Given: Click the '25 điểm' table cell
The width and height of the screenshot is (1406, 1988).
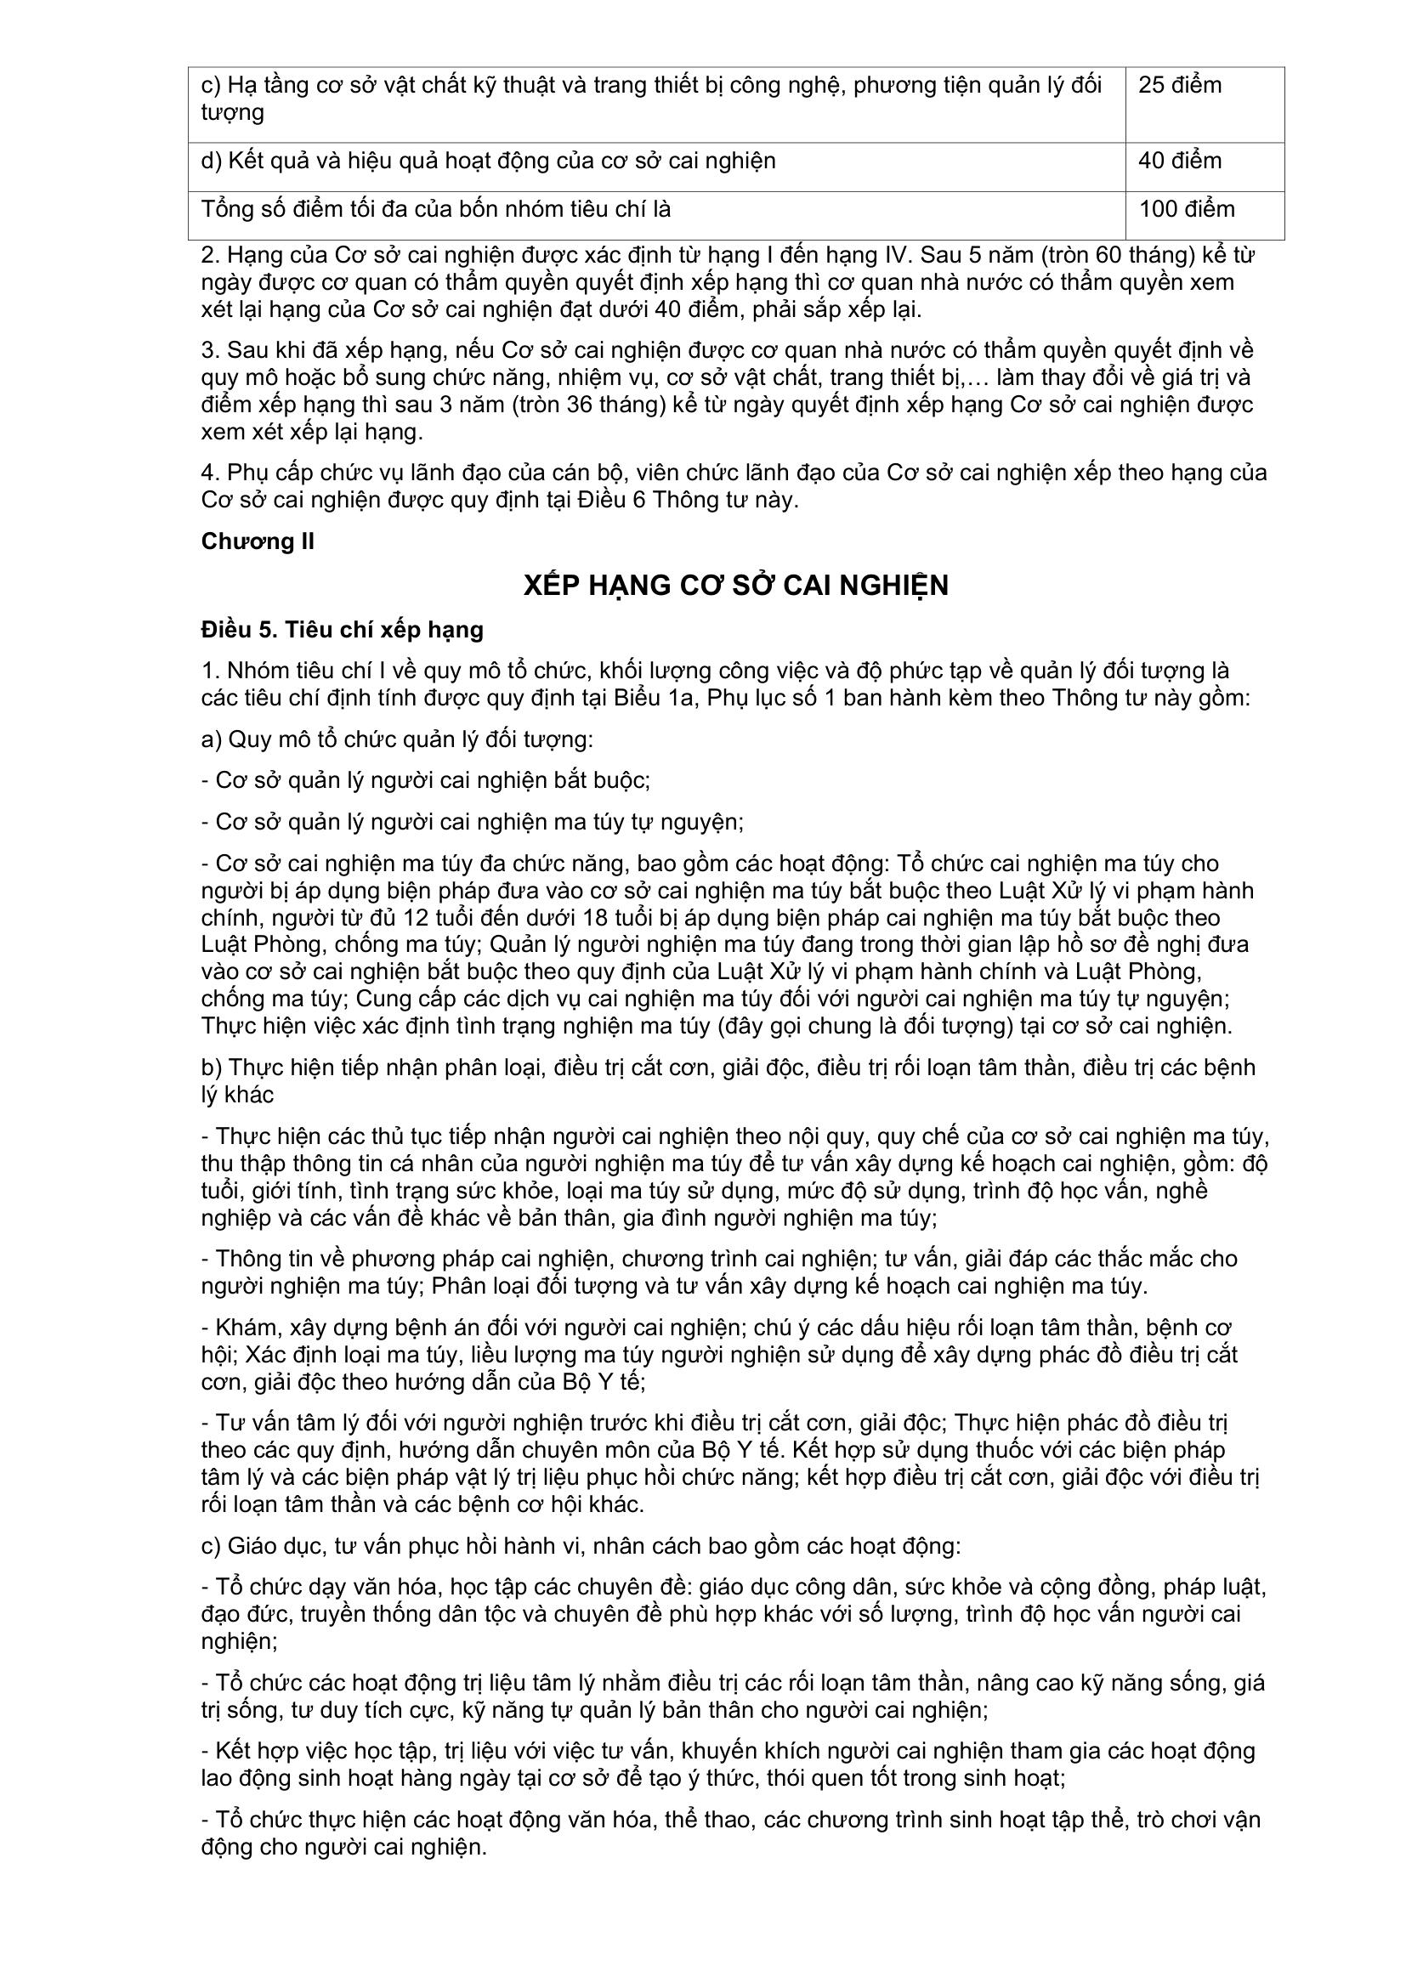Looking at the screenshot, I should (1179, 86).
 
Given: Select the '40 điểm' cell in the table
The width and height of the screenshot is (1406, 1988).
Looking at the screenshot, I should (1179, 161).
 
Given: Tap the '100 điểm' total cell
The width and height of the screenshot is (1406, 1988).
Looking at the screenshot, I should (1186, 210).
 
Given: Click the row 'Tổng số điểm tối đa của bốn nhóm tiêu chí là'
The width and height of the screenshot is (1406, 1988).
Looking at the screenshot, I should (436, 210).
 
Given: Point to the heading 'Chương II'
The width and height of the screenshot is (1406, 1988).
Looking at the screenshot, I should (257, 541).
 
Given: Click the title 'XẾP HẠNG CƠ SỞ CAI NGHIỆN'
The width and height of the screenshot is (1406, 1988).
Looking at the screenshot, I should (736, 586).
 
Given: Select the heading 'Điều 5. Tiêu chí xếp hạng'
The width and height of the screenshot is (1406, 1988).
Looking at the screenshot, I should (342, 630).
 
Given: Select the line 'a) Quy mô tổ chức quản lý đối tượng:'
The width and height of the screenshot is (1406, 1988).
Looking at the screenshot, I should (396, 739).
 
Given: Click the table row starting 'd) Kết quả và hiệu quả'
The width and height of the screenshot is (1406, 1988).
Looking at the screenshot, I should (488, 161).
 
